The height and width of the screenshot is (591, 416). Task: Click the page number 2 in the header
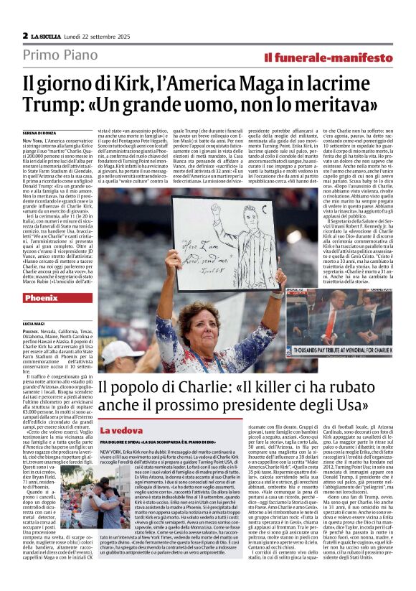coord(25,35)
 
